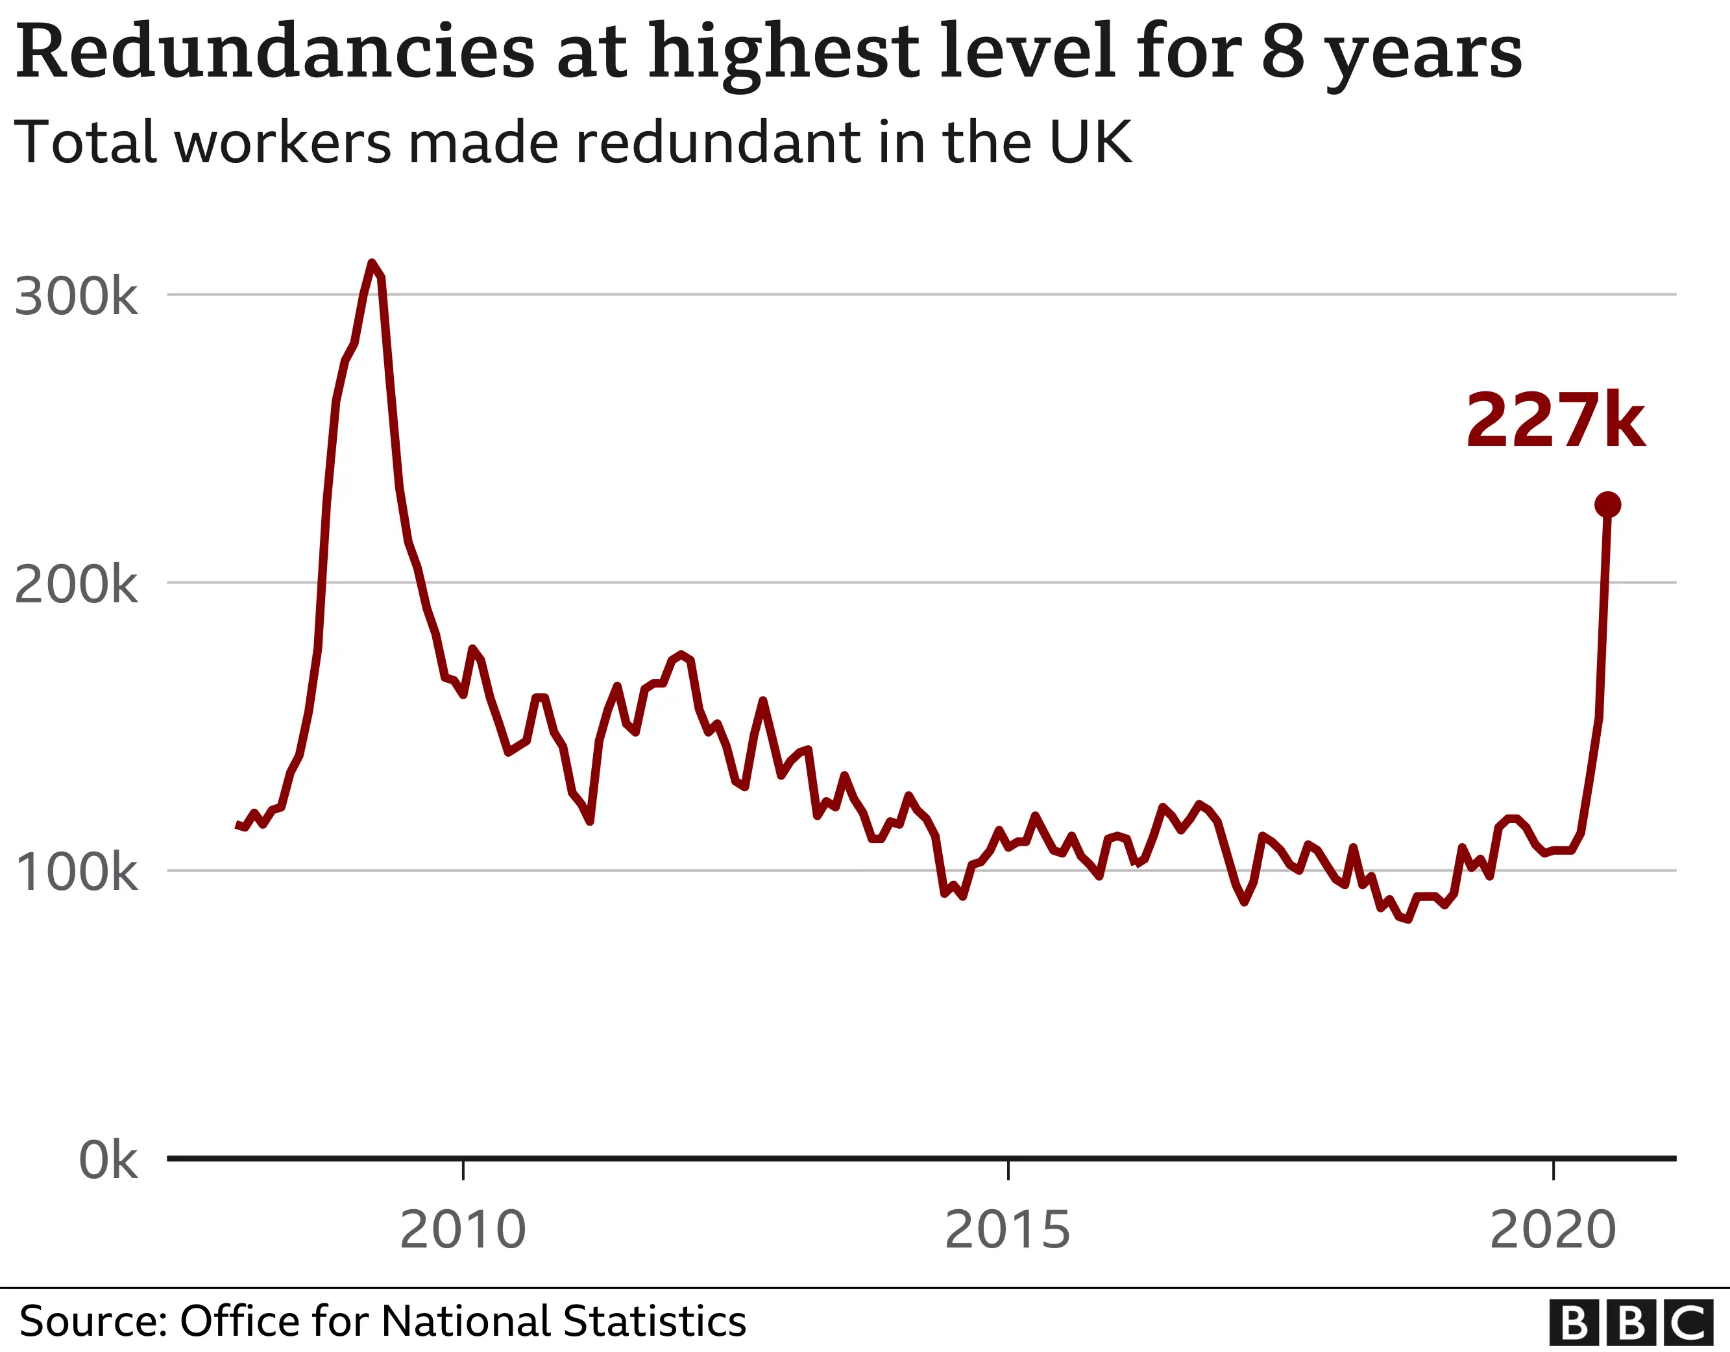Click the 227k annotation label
[x=1555, y=421]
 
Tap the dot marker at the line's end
[x=1607, y=504]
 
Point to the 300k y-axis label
[x=76, y=297]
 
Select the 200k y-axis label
[x=76, y=585]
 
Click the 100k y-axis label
[x=76, y=874]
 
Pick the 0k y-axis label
[x=108, y=1161]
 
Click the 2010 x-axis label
[x=463, y=1230]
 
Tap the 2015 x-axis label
[x=1007, y=1230]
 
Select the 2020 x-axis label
[x=1553, y=1230]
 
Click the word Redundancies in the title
[x=276, y=53]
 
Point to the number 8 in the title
[x=1282, y=53]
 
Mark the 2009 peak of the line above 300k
[x=372, y=262]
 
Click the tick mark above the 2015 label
[x=1008, y=1170]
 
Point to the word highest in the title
[x=784, y=53]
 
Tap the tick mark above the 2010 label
[x=463, y=1170]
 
